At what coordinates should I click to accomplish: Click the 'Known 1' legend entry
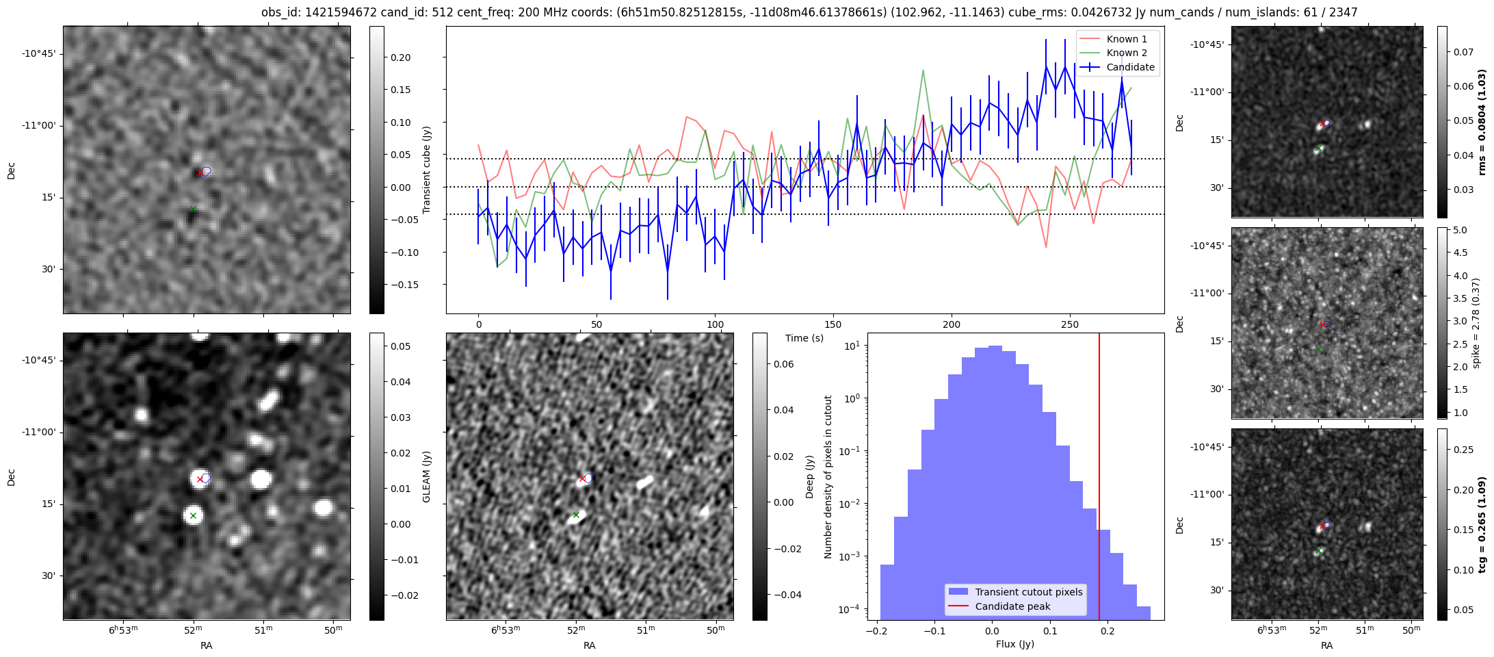point(1127,39)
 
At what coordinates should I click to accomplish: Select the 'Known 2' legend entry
point(1127,53)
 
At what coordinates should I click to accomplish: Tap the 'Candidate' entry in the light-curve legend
point(1130,67)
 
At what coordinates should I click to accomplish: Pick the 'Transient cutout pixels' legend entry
point(1028,592)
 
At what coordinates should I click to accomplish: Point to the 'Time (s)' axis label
point(804,338)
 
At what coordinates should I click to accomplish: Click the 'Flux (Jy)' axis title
point(1015,644)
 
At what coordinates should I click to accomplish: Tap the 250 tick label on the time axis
point(1069,324)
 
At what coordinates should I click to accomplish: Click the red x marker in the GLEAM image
point(200,479)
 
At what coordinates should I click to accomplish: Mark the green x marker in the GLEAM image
point(193,515)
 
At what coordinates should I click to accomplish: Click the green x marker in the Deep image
point(576,514)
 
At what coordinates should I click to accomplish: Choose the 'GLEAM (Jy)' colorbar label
point(426,476)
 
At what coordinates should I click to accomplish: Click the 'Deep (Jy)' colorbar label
point(809,476)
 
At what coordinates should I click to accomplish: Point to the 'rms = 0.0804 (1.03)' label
point(1482,122)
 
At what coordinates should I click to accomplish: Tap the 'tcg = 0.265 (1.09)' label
point(1482,524)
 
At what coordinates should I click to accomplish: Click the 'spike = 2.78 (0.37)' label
point(1476,323)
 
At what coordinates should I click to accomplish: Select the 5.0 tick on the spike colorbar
point(1460,230)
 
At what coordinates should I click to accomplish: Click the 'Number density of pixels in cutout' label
point(828,476)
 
